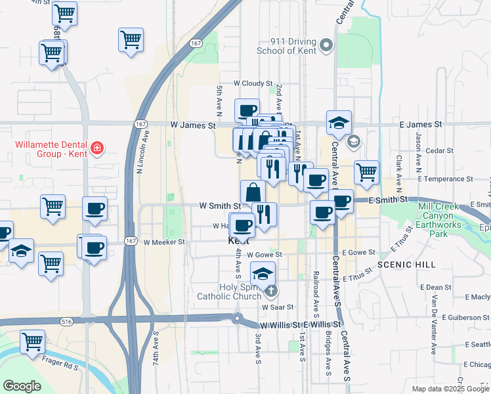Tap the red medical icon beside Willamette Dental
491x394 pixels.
pyautogui.click(x=98, y=148)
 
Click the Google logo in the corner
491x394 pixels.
pyautogui.click(x=22, y=385)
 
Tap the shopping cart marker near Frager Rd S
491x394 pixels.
pyautogui.click(x=32, y=341)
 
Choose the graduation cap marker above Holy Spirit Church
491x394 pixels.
pyautogui.click(x=263, y=273)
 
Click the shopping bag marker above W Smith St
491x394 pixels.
pyautogui.click(x=253, y=192)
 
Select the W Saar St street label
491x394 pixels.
pyautogui.click(x=277, y=307)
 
